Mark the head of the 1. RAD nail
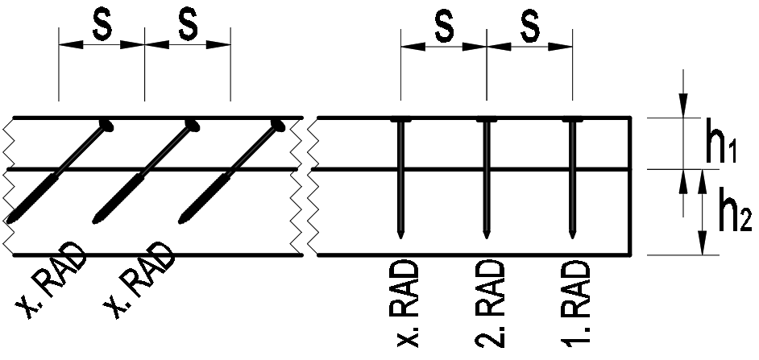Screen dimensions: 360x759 tap(571, 121)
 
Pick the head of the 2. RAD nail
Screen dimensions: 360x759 tap(486, 121)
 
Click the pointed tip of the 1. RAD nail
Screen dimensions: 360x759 tap(571, 235)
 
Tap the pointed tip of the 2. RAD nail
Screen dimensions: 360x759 tap(486, 235)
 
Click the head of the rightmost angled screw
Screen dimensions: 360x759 tap(278, 125)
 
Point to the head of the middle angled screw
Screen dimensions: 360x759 tap(192, 125)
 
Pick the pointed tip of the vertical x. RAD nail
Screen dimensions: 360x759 tap(400, 235)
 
